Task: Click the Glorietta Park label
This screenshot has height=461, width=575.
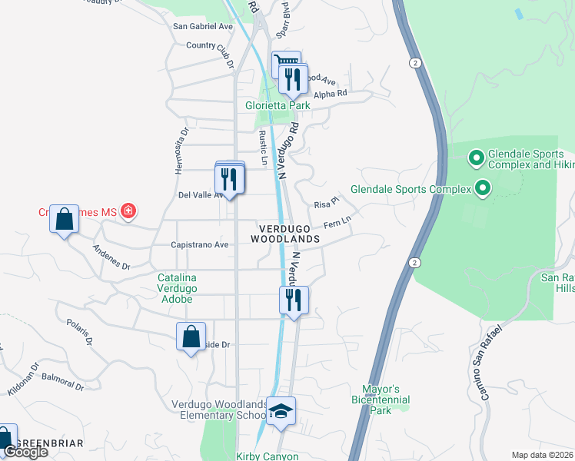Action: (x=277, y=105)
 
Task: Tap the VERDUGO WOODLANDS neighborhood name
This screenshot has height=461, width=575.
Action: (x=284, y=234)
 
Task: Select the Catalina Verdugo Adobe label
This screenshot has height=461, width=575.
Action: (x=177, y=288)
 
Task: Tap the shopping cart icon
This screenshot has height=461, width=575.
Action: (x=285, y=61)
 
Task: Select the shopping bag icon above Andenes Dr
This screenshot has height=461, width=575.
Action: (x=64, y=220)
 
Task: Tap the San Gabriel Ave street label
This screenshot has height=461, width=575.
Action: (x=203, y=26)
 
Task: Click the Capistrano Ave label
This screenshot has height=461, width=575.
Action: (x=199, y=245)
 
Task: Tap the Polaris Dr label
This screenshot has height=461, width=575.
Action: (x=79, y=331)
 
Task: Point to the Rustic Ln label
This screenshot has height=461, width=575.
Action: (x=263, y=148)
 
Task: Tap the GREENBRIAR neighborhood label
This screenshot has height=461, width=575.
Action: (x=50, y=444)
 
